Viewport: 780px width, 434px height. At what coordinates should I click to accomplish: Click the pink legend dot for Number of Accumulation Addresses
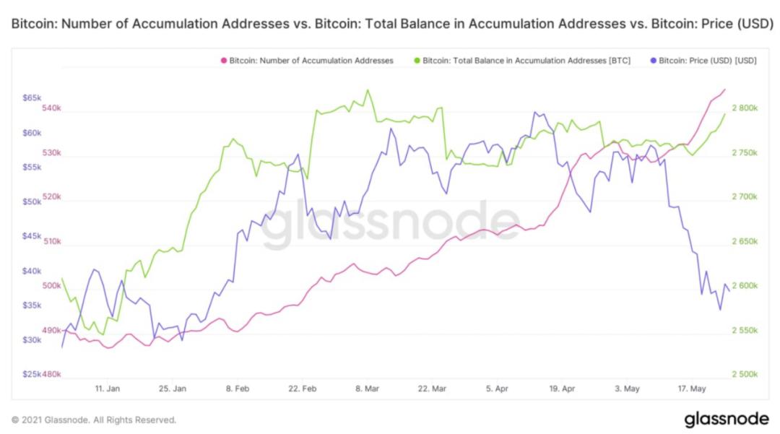pyautogui.click(x=224, y=61)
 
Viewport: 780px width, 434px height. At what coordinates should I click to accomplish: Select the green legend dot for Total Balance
pyautogui.click(x=417, y=61)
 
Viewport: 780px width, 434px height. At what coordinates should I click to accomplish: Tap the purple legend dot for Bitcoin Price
pyautogui.click(x=654, y=61)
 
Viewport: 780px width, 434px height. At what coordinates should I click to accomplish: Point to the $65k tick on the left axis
pyautogui.click(x=32, y=97)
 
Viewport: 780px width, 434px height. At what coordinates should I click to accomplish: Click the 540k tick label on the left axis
pyautogui.click(x=52, y=108)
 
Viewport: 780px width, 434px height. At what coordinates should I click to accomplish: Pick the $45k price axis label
pyautogui.click(x=32, y=235)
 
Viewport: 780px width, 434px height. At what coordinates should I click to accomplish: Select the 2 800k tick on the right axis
pyautogui.click(x=744, y=108)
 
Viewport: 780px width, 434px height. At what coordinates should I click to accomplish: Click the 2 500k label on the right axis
pyautogui.click(x=744, y=375)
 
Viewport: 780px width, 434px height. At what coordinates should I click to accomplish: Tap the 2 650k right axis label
pyautogui.click(x=744, y=242)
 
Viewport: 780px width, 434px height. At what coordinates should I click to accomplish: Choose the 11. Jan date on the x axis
pyautogui.click(x=108, y=389)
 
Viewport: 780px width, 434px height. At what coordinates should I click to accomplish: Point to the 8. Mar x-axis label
pyautogui.click(x=368, y=389)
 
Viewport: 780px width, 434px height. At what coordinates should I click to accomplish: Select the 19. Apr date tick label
pyautogui.click(x=561, y=389)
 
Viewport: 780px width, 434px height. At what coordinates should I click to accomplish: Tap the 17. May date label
pyautogui.click(x=691, y=389)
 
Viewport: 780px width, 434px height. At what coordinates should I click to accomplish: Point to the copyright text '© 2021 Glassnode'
pyautogui.click(x=94, y=420)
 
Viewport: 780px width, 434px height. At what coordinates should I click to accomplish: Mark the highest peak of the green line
pyautogui.click(x=368, y=90)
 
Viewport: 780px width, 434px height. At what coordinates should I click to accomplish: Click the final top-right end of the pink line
pyautogui.click(x=724, y=89)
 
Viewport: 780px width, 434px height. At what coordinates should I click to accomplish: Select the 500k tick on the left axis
pyautogui.click(x=52, y=286)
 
